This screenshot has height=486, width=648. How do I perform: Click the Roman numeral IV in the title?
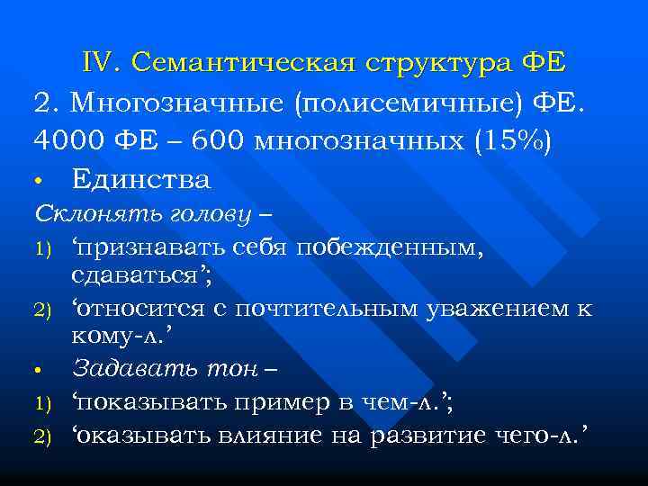coord(101,63)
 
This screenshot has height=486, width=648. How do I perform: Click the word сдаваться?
coord(141,275)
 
